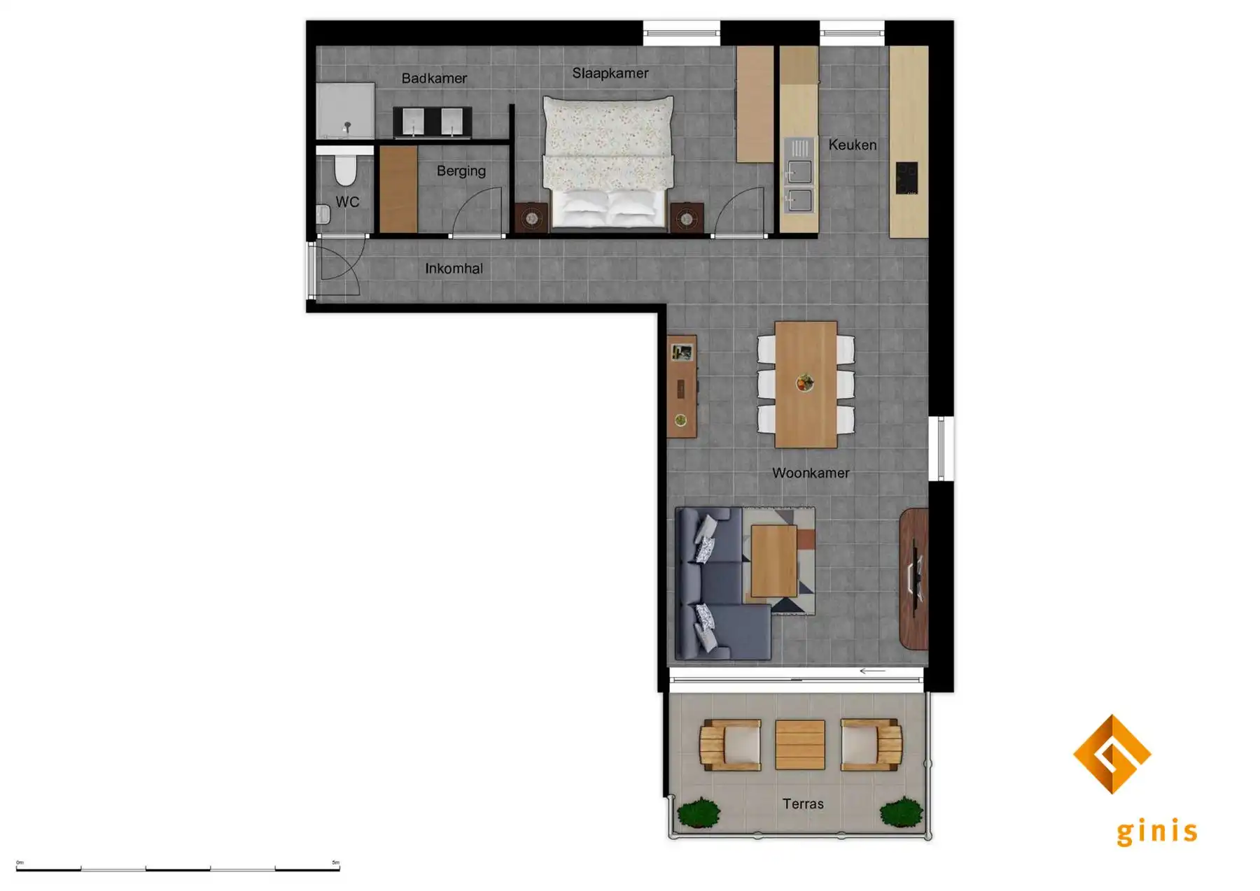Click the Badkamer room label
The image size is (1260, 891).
[434, 78]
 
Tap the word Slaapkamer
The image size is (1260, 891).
[610, 73]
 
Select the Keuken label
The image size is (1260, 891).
[852, 145]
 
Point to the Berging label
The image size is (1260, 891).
[461, 171]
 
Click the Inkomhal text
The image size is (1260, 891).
[454, 269]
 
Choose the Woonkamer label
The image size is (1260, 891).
[810, 473]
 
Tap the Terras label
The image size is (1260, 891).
[802, 804]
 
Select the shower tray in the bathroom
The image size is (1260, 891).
[345, 111]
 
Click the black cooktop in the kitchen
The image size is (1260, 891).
[906, 178]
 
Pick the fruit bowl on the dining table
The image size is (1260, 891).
[805, 383]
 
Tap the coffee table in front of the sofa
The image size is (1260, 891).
[773, 560]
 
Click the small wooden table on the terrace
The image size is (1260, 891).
[799, 745]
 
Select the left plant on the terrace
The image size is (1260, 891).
[699, 813]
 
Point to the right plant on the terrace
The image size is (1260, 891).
[901, 813]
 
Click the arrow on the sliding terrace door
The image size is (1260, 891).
[872, 671]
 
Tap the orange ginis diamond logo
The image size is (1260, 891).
[1112, 754]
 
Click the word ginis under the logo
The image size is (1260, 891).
[1156, 832]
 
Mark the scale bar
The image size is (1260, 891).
[178, 869]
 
